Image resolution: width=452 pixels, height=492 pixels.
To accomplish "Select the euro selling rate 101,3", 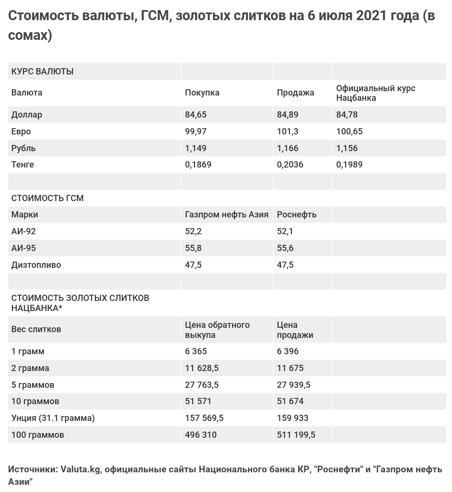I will pyautogui.click(x=288, y=132).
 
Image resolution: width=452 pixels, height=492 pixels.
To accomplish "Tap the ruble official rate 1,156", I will pyautogui.click(x=347, y=148).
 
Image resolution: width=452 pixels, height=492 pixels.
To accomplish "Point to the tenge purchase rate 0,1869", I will pyautogui.click(x=198, y=165).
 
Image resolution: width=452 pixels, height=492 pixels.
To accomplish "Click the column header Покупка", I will pyautogui.click(x=202, y=93).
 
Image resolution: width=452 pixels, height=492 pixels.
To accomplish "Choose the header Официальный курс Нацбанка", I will pyautogui.click(x=375, y=93).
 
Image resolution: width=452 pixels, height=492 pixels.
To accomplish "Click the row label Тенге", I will pyautogui.click(x=23, y=165).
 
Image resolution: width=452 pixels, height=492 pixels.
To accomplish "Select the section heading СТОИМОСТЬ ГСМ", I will pyautogui.click(x=47, y=198).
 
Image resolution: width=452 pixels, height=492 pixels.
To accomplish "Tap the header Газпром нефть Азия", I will pyautogui.click(x=226, y=215).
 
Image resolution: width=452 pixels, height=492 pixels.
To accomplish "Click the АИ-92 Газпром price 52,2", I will pyautogui.click(x=193, y=231).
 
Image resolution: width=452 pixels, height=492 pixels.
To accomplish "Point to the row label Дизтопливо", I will pyautogui.click(x=36, y=265).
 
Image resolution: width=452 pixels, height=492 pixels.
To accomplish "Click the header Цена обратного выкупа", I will pyautogui.click(x=217, y=330).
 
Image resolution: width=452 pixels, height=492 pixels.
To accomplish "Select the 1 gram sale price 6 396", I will pyautogui.click(x=288, y=351).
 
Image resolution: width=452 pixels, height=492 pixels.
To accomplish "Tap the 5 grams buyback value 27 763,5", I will pyautogui.click(x=202, y=385).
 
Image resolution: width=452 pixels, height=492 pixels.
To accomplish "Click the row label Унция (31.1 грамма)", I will pyautogui.click(x=53, y=418).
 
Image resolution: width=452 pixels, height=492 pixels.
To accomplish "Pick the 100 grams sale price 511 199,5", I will pyautogui.click(x=296, y=435).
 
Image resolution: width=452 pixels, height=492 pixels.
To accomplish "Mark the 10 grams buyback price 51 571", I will pyautogui.click(x=198, y=401).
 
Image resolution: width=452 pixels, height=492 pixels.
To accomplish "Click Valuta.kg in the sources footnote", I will pyautogui.click(x=80, y=469).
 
